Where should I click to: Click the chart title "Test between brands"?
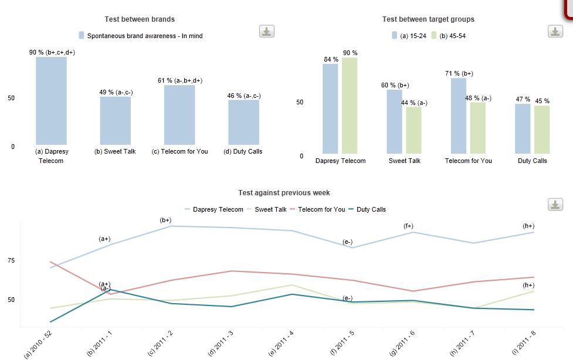pos(140,19)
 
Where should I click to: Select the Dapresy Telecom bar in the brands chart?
pos(51,100)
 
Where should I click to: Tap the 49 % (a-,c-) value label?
pos(116,92)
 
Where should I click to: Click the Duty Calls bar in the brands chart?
pos(243,122)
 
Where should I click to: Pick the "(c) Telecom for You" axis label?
pos(179,151)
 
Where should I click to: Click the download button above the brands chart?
pos(267,32)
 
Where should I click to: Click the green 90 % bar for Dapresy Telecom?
pos(350,106)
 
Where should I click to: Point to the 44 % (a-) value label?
pos(414,103)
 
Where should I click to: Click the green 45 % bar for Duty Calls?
pos(542,130)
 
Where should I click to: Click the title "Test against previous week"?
pos(284,193)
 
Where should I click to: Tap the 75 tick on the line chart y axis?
pos(11,260)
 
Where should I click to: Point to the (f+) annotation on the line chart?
pos(408,226)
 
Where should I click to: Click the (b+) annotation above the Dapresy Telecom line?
pos(165,220)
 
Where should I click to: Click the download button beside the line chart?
pos(555,205)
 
